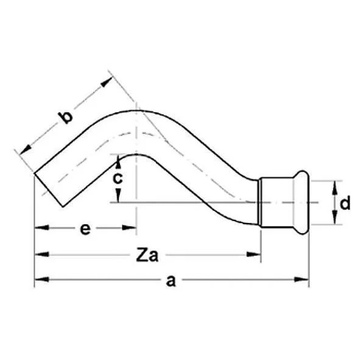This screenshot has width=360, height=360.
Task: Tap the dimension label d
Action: point(345,203)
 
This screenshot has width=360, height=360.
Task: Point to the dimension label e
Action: point(85,229)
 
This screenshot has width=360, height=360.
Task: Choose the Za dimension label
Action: point(146,255)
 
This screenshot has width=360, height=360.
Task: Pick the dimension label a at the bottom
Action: point(171,280)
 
